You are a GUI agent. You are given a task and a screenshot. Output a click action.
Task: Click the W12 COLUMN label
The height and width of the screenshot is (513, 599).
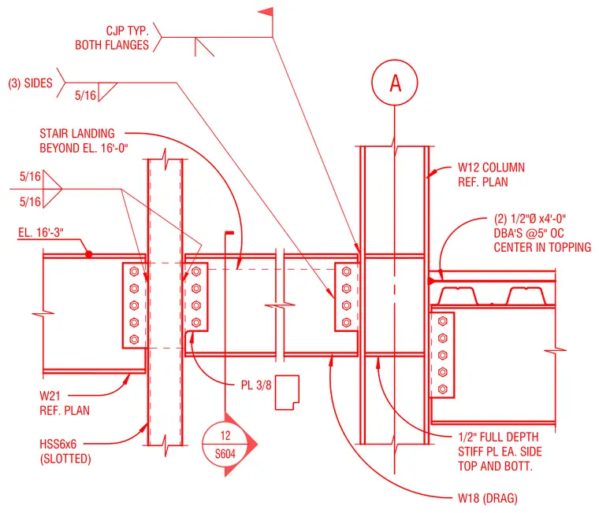click(x=491, y=168)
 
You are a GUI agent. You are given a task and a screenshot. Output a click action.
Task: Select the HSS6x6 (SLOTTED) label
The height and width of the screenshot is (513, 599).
click(x=65, y=451)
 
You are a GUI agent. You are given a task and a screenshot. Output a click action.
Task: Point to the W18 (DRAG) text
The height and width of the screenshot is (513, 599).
click(x=488, y=498)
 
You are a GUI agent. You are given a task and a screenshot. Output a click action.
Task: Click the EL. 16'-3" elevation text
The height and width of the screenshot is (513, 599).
click(x=41, y=232)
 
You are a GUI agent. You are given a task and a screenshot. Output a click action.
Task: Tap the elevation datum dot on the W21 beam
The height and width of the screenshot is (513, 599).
click(x=88, y=253)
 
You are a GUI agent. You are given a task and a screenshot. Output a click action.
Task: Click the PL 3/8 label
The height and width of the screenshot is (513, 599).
click(x=256, y=385)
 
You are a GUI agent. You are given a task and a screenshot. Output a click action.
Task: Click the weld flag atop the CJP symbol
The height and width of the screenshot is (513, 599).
click(x=267, y=13)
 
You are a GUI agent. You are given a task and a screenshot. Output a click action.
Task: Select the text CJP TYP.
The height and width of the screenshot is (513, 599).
click(x=127, y=31)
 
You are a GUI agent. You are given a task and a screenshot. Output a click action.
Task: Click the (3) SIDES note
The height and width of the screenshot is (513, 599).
click(x=30, y=83)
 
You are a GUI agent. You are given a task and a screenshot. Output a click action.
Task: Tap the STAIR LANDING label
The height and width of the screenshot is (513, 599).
click(x=77, y=134)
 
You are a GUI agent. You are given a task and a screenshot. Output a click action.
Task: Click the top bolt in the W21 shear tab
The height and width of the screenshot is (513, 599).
click(x=134, y=271)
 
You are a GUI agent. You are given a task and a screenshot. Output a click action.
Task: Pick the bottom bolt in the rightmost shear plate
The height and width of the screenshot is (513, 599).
click(x=443, y=389)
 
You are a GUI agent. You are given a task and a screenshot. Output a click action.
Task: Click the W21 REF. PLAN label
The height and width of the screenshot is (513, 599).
click(x=65, y=403)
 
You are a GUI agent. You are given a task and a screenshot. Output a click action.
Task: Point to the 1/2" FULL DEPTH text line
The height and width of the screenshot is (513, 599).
click(x=498, y=437)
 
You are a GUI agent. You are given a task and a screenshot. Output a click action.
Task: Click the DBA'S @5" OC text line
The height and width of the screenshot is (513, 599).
click(x=529, y=233)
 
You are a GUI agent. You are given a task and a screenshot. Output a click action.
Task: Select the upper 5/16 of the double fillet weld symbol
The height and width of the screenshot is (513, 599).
click(x=30, y=176)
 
